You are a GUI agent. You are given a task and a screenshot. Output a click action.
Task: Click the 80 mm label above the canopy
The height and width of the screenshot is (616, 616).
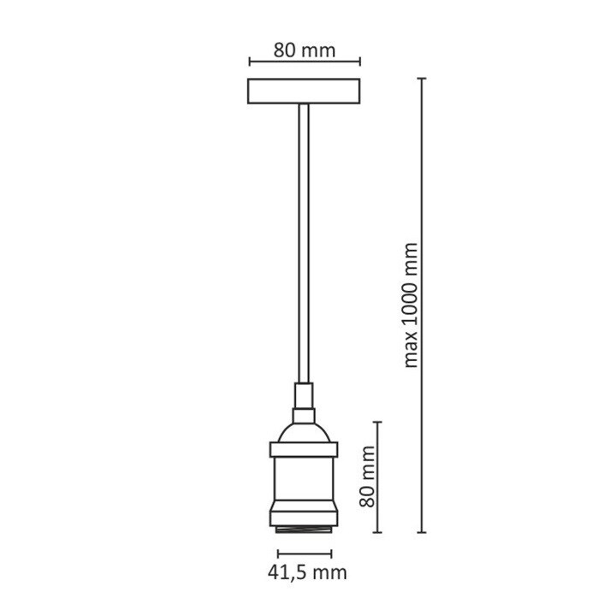304,50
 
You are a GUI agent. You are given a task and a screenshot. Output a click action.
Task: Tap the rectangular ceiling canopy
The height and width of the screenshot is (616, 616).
304,92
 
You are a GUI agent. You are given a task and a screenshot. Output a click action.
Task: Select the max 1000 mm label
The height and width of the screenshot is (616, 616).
412,304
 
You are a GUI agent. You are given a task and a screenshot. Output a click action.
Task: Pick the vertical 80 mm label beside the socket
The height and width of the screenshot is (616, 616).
367,477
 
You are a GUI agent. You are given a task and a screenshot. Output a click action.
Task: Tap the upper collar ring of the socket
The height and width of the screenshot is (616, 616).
304,448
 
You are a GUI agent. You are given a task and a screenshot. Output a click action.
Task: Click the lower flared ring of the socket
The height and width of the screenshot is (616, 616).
304,512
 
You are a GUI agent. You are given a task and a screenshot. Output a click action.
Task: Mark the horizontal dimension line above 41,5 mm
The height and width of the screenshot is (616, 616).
304,548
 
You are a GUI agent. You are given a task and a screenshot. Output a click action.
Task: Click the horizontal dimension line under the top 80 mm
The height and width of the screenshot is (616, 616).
304,62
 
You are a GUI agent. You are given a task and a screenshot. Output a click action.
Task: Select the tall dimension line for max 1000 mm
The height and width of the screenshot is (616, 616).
421,304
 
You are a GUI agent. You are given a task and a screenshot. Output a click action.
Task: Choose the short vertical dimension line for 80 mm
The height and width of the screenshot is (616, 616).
378,477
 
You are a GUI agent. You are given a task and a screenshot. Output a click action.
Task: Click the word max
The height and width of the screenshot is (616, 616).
412,352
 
